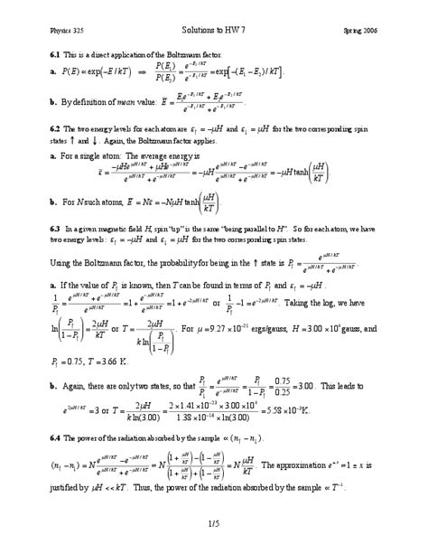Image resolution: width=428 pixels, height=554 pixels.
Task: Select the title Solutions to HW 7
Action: [213, 32]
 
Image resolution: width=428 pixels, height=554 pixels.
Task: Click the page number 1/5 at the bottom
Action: [214, 522]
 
